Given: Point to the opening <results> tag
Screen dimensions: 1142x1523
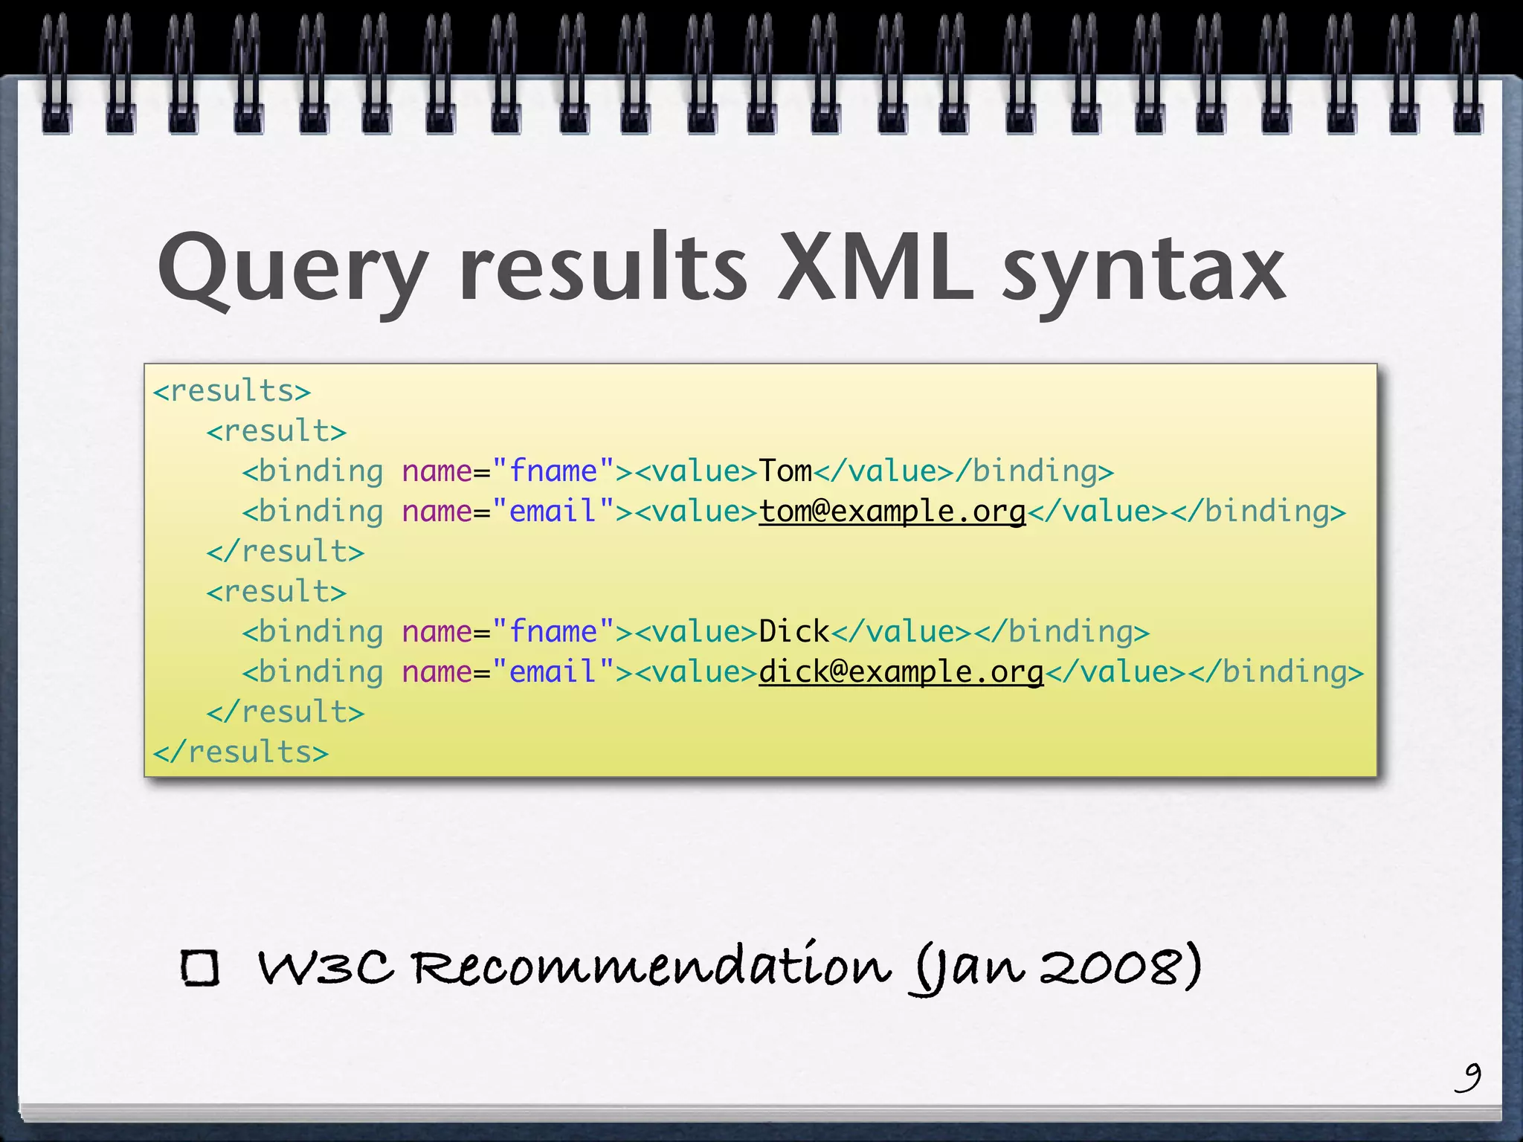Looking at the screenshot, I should point(231,391).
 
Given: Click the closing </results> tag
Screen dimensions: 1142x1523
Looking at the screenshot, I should point(240,752).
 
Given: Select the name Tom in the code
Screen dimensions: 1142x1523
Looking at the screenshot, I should point(785,471).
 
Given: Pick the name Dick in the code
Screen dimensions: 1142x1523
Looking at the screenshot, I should point(793,632).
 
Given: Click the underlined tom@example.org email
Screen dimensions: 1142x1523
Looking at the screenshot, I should point(892,512).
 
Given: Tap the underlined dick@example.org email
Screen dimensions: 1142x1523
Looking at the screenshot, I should point(901,672).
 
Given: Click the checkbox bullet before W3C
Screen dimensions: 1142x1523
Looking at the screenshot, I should point(200,968).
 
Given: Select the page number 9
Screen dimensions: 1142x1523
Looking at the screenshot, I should point(1468,1077).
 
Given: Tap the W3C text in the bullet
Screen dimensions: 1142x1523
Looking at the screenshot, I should point(325,968).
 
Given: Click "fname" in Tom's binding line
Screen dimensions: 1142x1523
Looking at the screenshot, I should point(553,471).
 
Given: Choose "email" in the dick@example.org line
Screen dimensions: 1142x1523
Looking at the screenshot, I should point(553,672).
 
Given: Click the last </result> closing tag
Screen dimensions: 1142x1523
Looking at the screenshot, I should point(285,712).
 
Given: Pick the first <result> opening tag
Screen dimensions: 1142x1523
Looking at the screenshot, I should point(276,431).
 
